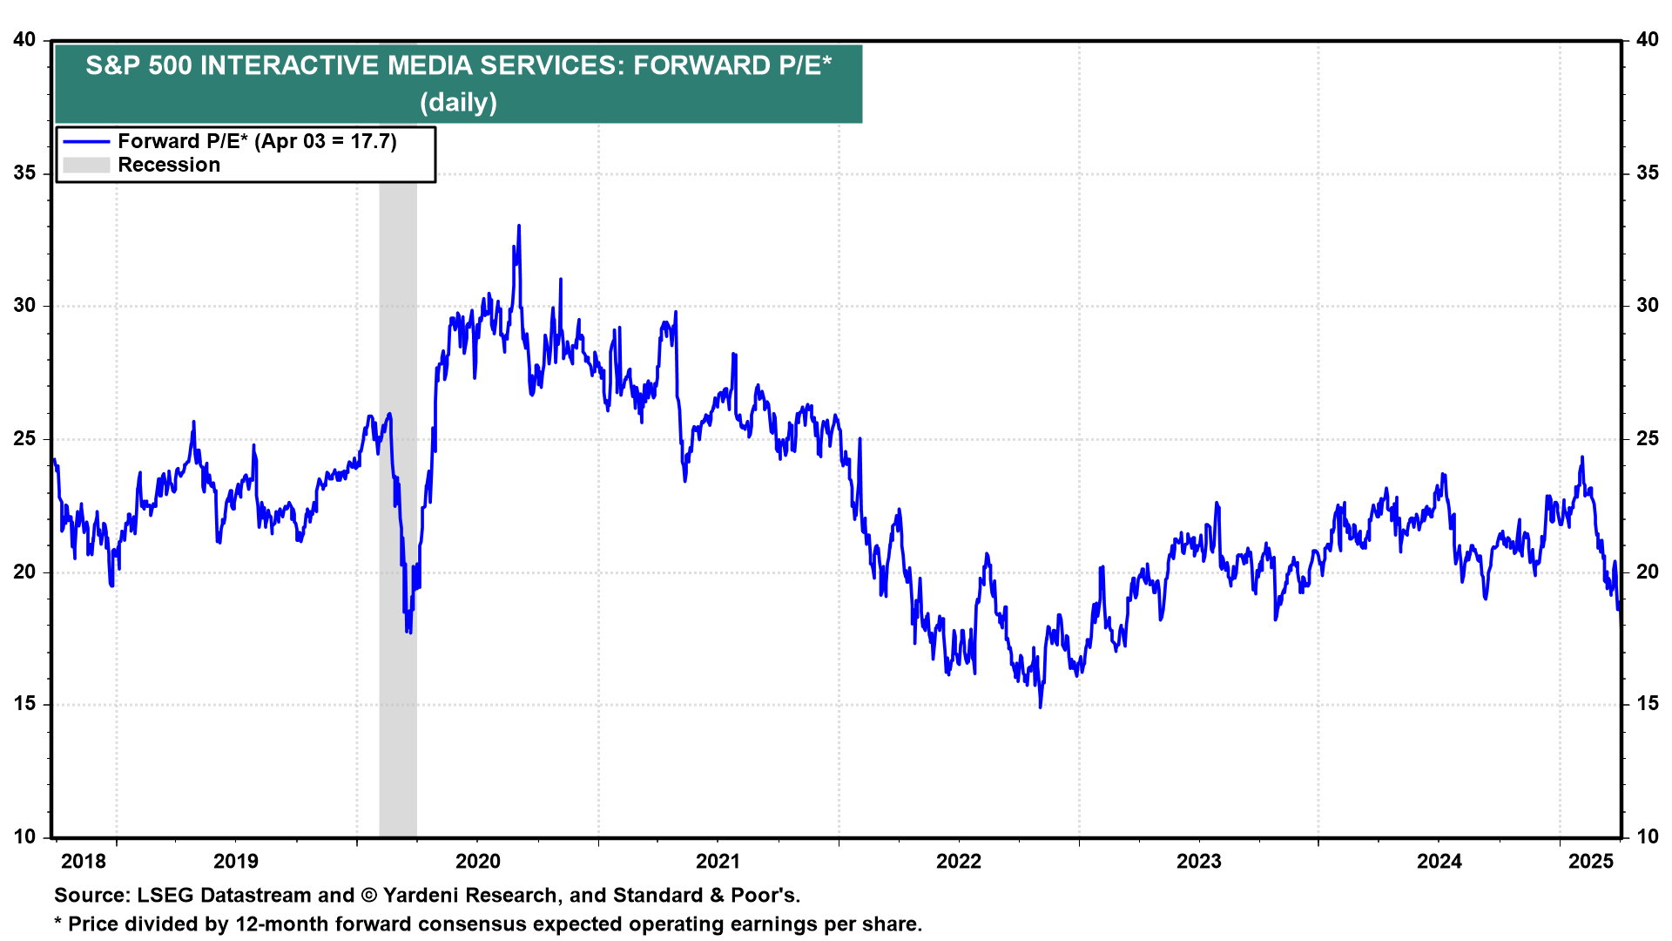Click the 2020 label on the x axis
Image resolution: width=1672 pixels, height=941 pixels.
478,862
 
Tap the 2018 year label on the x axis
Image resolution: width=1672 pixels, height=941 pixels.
84,862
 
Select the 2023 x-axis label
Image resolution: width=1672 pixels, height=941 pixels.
1199,862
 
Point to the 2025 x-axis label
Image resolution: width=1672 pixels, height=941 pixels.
1591,862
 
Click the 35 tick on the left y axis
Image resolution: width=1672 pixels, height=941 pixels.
25,173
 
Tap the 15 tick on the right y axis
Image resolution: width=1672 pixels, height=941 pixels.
1647,704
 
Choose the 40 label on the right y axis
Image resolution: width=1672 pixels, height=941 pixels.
1647,40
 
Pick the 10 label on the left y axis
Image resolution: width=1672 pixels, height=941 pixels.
25,837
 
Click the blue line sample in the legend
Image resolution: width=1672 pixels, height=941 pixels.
86,142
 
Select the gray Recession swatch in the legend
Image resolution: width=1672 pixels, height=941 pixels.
86,166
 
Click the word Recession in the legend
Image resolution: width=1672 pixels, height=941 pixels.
169,166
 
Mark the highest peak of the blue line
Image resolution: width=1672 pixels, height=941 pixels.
519,226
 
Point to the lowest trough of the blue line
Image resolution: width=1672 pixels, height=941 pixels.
1040,707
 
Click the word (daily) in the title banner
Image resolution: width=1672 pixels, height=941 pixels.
458,103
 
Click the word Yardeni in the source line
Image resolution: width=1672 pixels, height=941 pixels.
423,896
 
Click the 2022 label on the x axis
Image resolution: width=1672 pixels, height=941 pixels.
959,862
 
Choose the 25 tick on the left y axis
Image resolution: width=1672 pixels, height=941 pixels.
25,439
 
